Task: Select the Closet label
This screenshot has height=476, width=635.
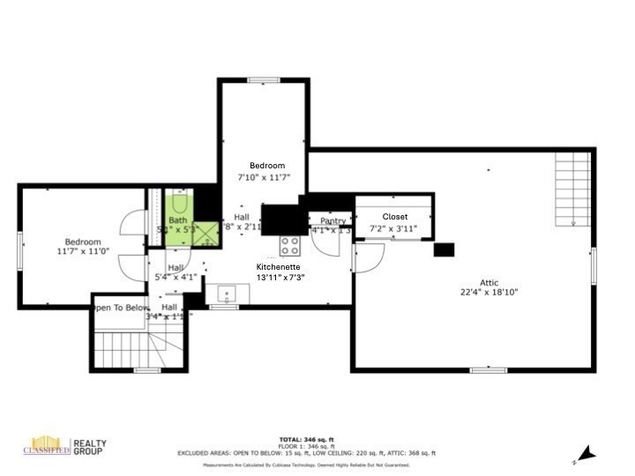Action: [395, 216]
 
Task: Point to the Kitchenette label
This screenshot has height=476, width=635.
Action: [278, 266]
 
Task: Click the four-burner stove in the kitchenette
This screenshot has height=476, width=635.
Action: [291, 245]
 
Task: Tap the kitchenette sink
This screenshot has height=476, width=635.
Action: [224, 294]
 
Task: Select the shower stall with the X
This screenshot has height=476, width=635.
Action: [206, 234]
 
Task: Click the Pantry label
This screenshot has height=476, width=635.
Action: [332, 221]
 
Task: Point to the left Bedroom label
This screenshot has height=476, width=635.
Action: [82, 242]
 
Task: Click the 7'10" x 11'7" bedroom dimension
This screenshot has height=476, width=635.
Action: [265, 177]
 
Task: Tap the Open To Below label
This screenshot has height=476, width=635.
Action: [121, 308]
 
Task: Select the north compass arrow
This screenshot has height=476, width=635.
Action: [586, 454]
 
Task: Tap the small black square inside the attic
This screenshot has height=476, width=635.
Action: [444, 249]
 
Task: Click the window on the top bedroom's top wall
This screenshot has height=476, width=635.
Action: [263, 80]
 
